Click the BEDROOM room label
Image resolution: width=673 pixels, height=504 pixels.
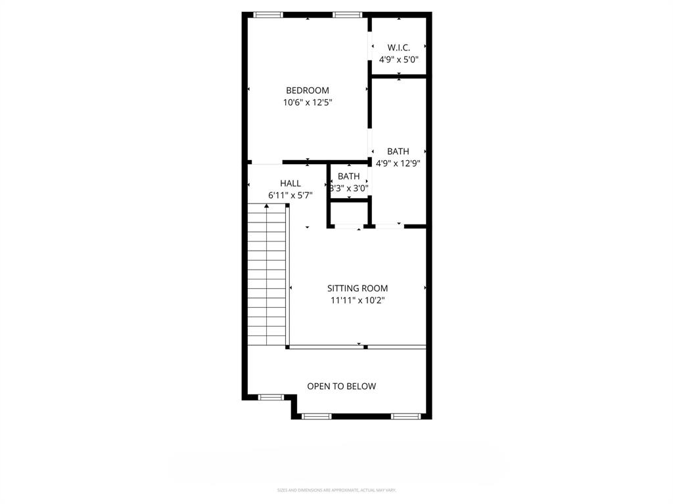pyautogui.click(x=307, y=91)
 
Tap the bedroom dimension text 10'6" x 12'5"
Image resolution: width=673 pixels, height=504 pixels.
pyautogui.click(x=307, y=102)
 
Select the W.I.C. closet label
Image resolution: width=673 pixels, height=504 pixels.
pyautogui.click(x=399, y=48)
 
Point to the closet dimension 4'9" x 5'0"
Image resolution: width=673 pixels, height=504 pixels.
pyautogui.click(x=399, y=59)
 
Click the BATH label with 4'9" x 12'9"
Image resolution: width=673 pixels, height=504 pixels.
pyautogui.click(x=398, y=152)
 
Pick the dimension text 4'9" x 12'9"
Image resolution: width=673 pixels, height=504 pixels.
pyautogui.click(x=398, y=163)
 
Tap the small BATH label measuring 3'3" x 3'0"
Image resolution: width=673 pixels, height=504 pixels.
pyautogui.click(x=348, y=177)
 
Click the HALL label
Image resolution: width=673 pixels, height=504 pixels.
pyautogui.click(x=290, y=184)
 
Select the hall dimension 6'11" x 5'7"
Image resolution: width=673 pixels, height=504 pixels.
pyautogui.click(x=290, y=195)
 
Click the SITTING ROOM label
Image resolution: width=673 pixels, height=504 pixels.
pyautogui.click(x=358, y=288)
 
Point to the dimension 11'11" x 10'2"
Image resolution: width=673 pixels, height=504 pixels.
pyautogui.click(x=358, y=300)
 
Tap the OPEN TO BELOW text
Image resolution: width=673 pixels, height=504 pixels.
pyautogui.click(x=342, y=387)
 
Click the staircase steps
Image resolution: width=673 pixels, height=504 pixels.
pyautogui.click(x=266, y=276)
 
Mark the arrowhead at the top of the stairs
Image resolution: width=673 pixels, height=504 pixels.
pyautogui.click(x=266, y=206)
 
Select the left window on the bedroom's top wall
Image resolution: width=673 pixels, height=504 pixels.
pyautogui.click(x=268, y=14)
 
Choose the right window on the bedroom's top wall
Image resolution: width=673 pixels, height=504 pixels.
pyautogui.click(x=347, y=14)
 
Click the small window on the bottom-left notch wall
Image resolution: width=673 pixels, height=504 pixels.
pyautogui.click(x=270, y=397)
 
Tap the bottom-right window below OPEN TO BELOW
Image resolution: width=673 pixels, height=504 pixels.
pyautogui.click(x=406, y=416)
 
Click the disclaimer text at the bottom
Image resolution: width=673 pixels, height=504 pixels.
pyautogui.click(x=336, y=490)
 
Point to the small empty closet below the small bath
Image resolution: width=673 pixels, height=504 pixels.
pyautogui.click(x=349, y=213)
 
